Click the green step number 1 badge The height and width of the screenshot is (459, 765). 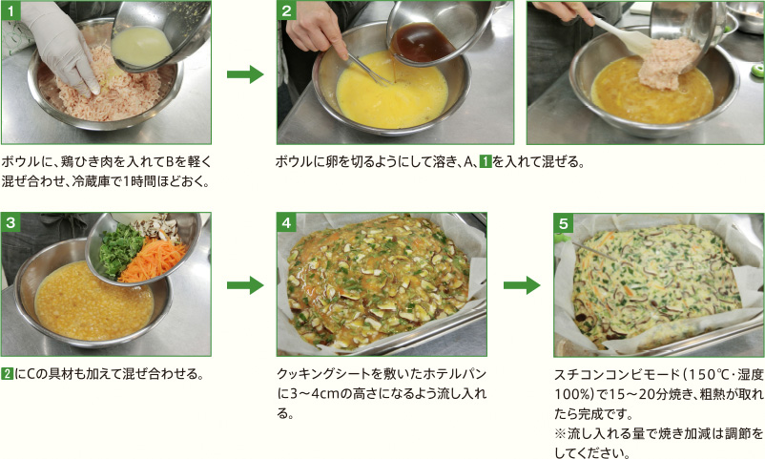pos(10,10)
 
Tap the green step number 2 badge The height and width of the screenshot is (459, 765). pos(286,10)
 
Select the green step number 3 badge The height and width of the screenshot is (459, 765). pos(10,222)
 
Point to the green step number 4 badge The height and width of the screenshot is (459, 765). pos(286,222)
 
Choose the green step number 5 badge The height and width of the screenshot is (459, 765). pos(564,223)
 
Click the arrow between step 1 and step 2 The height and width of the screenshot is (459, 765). pos(245,74)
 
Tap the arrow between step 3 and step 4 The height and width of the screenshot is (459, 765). pos(245,285)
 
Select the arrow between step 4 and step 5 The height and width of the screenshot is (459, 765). pos(522,285)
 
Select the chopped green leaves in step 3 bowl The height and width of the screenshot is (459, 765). pos(120,249)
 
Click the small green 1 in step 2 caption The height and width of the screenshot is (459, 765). pos(486,161)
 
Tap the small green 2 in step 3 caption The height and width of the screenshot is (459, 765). pos(7,374)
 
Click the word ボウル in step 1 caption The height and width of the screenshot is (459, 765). pos(18,161)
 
